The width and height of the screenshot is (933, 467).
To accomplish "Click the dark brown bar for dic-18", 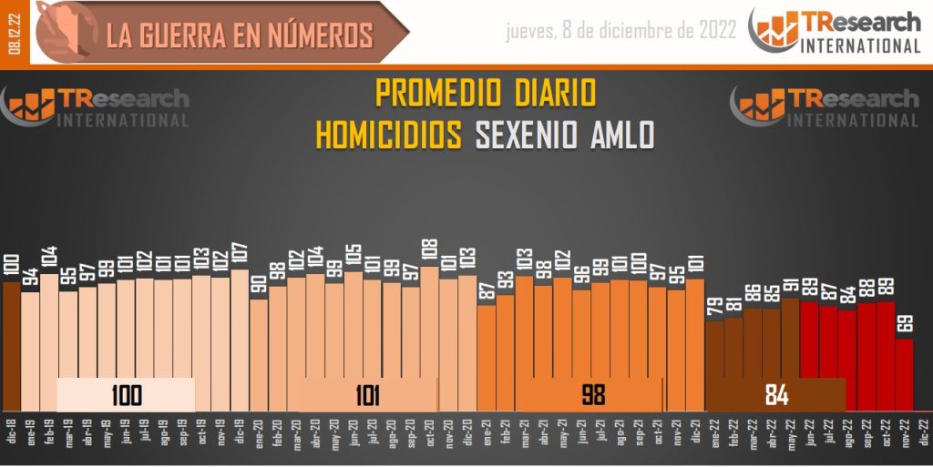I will [11, 346].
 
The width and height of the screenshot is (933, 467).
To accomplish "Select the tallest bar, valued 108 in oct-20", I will [429, 337].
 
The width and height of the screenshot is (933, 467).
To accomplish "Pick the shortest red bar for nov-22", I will [904, 373].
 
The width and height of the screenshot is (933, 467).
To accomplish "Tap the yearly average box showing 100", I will [126, 395].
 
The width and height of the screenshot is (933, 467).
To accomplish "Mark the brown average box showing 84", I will [776, 395].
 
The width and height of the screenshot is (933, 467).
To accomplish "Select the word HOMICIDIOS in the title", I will [389, 135].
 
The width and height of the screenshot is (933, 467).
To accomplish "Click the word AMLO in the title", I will [622, 135].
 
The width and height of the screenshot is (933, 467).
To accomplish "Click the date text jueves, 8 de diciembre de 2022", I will [620, 31].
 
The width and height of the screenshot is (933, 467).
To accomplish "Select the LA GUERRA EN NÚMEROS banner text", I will [240, 34].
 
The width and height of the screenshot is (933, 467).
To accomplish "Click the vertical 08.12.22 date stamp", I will [15, 32].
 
